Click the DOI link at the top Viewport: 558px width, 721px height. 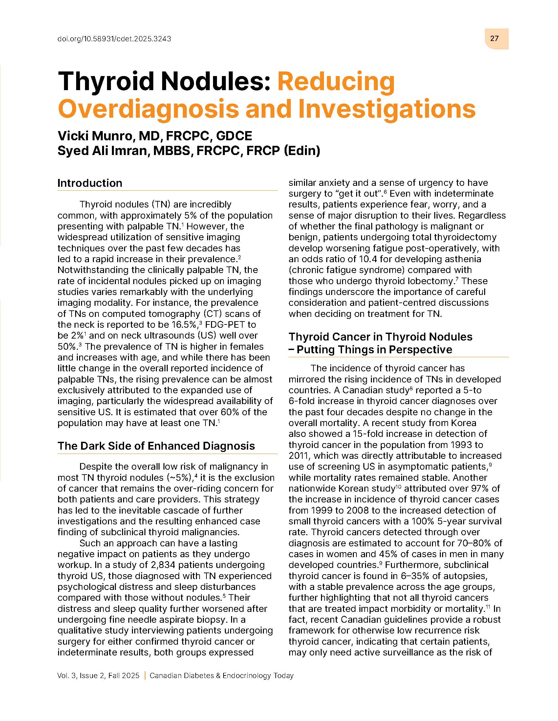coord(114,39)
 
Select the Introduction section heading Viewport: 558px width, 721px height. coord(90,183)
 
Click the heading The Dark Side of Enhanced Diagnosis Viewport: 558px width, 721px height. coord(156,446)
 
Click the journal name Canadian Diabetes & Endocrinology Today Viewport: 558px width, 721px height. coord(222,675)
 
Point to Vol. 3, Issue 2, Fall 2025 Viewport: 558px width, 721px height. coord(98,675)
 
